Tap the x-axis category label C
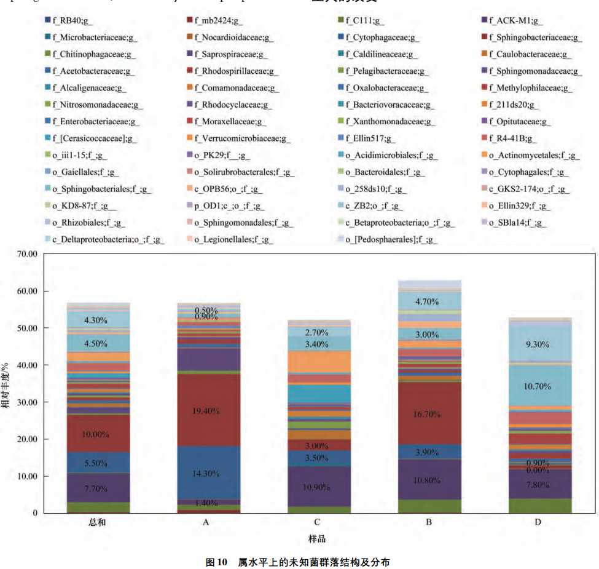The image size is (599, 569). [317, 522]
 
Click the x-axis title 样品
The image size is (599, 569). [317, 539]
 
